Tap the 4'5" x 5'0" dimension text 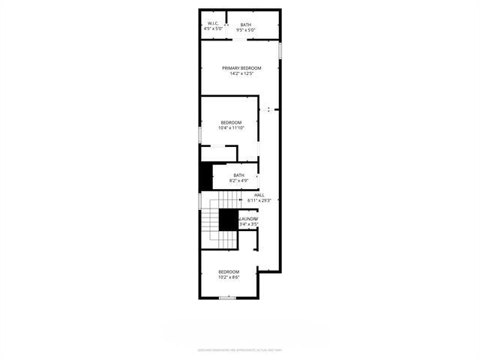click(x=212, y=30)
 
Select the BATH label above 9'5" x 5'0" click(x=245, y=25)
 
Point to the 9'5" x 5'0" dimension click(x=245, y=30)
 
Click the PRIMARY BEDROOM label click(x=241, y=68)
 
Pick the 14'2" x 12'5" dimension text click(x=241, y=73)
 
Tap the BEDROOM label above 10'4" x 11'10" click(x=231, y=122)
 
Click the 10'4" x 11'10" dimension click(x=231, y=127)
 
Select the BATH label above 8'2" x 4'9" click(x=238, y=175)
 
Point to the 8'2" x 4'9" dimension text click(x=238, y=181)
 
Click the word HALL click(x=259, y=195)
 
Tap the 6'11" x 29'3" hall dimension click(x=259, y=200)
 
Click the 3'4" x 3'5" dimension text click(x=248, y=223)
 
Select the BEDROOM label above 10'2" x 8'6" click(x=229, y=271)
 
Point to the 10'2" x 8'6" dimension click(x=229, y=277)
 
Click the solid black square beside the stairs click(x=228, y=220)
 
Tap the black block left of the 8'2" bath click(x=205, y=176)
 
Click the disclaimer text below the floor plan click(x=240, y=349)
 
